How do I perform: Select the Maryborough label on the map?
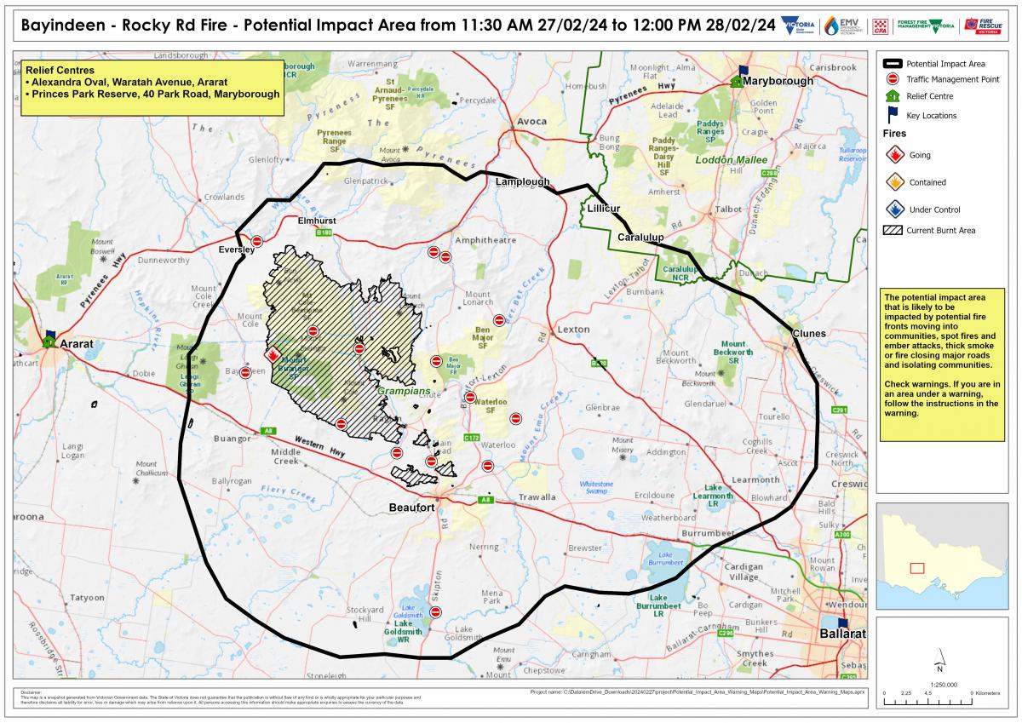pyautogui.click(x=778, y=81)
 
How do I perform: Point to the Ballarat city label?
pyautogui.click(x=841, y=634)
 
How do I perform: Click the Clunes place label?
pyautogui.click(x=808, y=332)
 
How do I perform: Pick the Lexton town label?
pyautogui.click(x=573, y=329)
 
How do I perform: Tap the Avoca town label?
pyautogui.click(x=531, y=121)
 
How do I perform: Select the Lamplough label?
pyautogui.click(x=524, y=182)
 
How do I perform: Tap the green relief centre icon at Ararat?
pyautogui.click(x=50, y=341)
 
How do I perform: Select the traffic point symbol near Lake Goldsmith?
pyautogui.click(x=436, y=612)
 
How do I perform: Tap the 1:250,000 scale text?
pyautogui.click(x=939, y=683)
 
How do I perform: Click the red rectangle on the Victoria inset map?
pyautogui.click(x=917, y=568)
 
